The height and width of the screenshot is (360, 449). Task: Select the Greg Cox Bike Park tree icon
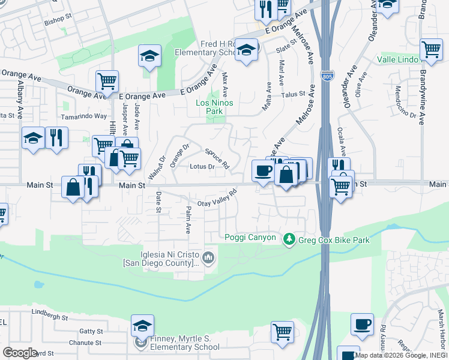[289, 239]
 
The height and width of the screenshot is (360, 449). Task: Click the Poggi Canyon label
[250, 238]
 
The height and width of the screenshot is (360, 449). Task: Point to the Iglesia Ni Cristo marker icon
[208, 258]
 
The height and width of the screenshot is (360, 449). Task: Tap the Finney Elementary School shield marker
[140, 343]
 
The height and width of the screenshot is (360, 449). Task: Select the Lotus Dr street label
[202, 167]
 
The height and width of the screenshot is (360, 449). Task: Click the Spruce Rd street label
[217, 158]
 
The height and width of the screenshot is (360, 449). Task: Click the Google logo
[20, 353]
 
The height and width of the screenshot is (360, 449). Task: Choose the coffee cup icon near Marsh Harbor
[362, 324]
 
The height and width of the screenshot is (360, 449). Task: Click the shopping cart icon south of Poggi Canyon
[282, 331]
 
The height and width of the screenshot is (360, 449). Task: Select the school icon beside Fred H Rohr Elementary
[246, 50]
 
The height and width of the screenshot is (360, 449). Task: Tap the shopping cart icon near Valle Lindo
[431, 50]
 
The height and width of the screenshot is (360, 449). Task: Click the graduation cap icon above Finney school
[142, 325]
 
